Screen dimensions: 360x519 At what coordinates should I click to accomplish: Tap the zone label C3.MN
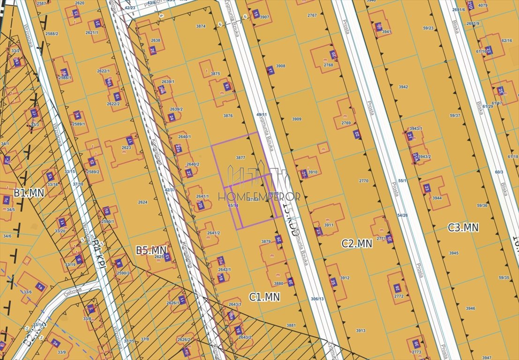pos(463,228)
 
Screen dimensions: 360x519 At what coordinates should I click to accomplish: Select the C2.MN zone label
pos(357,243)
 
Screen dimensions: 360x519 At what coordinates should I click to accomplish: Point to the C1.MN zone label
pos(264,296)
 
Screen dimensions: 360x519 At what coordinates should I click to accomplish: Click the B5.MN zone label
pos(151,250)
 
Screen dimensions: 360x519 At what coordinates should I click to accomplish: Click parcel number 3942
pos(403,87)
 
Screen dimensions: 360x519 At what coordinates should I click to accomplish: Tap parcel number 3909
pos(296,119)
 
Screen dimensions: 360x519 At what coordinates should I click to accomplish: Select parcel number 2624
pos(143,202)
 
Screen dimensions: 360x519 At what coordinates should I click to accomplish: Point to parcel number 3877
pos(241,158)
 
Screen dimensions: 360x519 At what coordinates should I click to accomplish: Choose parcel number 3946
pos(470,308)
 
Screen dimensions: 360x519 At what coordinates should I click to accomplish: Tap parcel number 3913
pos(360,330)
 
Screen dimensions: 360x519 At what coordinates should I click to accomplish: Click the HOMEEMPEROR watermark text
pos(259,197)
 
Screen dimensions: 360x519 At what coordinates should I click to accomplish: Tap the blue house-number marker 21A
pos(415,156)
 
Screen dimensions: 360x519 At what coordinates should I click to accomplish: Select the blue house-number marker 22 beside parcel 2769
pos(357,134)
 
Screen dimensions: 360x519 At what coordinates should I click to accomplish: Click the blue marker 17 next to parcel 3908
pos(270,71)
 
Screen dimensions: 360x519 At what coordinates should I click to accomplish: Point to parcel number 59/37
pos(454,115)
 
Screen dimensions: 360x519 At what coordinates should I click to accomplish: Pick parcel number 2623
pos(126,148)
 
